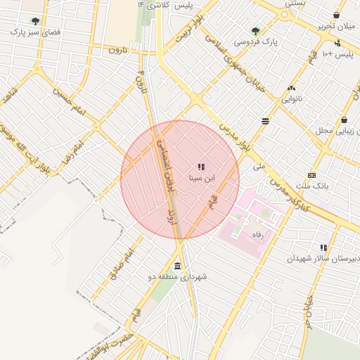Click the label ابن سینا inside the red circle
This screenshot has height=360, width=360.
[202, 178]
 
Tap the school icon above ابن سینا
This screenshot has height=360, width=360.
[201, 167]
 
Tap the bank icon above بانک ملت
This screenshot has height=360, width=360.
[311, 175]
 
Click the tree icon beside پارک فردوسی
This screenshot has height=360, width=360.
[255, 31]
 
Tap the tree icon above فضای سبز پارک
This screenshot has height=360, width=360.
[35, 21]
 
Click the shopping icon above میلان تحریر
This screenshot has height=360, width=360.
[336, 15]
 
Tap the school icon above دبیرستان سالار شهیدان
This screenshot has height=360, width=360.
[323, 247]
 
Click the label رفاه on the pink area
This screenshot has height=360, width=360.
[257, 237]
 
